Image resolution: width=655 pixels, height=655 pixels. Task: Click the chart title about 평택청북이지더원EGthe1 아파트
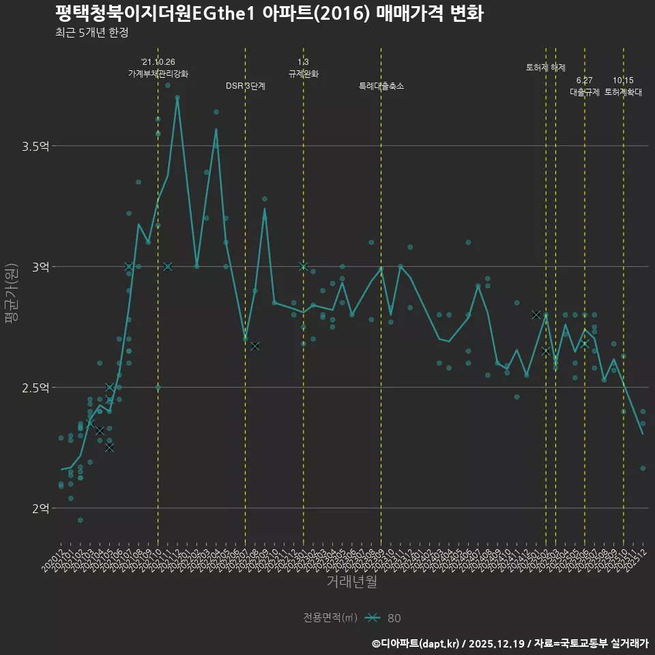[270, 14]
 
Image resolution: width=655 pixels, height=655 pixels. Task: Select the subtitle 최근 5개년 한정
[91, 33]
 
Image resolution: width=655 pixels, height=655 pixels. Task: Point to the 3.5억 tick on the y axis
[35, 146]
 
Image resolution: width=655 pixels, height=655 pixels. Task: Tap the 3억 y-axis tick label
[41, 267]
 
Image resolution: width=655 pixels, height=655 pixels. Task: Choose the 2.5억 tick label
[35, 388]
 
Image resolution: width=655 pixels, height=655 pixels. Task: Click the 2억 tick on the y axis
[41, 508]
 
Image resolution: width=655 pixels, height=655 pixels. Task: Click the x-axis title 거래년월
[351, 582]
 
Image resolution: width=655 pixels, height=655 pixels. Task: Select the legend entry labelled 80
[394, 618]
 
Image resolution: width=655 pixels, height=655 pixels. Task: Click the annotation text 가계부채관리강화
[158, 74]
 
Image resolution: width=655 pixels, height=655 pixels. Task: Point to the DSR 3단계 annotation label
[246, 86]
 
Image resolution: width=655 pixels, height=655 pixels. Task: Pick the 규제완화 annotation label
[304, 74]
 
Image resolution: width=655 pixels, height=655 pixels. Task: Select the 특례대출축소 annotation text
[381, 86]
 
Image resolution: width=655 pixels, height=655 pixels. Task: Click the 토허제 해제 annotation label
[546, 68]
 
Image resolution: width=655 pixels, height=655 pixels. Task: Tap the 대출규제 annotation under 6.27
[585, 92]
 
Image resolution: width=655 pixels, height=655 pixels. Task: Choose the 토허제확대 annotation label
[623, 92]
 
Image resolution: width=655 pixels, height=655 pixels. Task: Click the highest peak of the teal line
[177, 98]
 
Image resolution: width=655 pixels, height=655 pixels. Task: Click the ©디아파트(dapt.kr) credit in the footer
[416, 643]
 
